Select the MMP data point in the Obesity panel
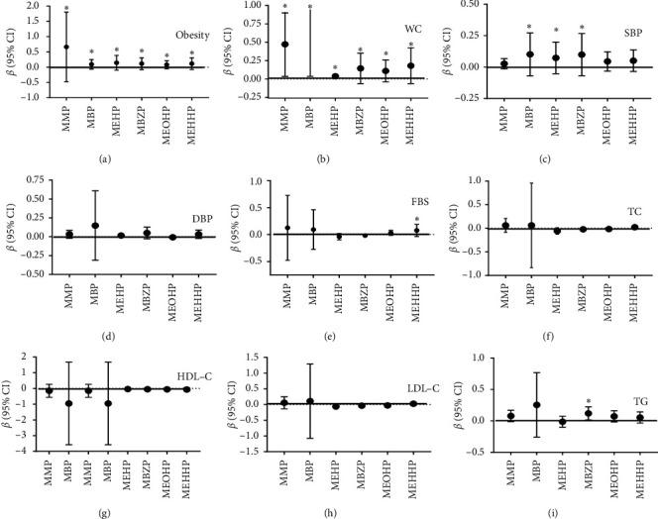pos(66,47)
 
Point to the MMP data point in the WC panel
pos(285,44)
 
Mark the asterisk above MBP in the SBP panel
pos(530,27)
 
